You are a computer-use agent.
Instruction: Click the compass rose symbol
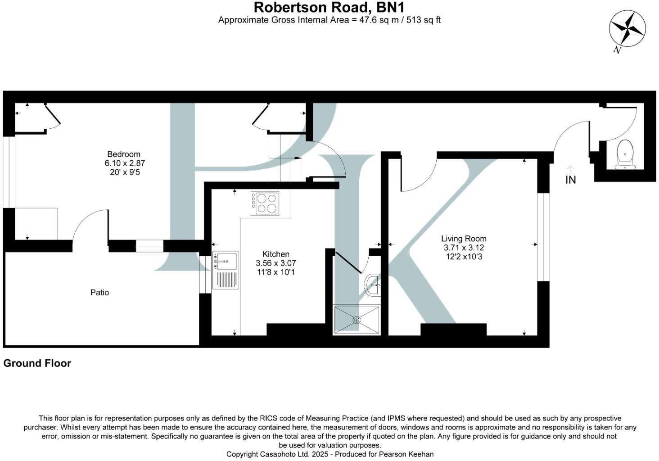point(627,29)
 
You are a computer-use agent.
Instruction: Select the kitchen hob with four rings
point(265,203)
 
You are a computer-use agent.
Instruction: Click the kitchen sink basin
point(226,261)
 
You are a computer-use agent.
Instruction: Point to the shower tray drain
point(357,320)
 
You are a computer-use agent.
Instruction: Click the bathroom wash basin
point(374,285)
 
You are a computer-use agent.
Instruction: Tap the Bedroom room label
point(124,154)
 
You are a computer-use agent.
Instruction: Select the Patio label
point(99,293)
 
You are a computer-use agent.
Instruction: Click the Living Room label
point(464,239)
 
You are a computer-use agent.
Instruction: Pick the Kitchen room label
point(276,254)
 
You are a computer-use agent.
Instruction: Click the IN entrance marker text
point(570,180)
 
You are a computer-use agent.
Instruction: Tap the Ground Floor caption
point(37,363)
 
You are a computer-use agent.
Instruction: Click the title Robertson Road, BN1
point(329,7)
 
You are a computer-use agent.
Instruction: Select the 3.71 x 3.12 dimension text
point(464,248)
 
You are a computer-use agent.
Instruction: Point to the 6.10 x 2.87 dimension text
point(125,163)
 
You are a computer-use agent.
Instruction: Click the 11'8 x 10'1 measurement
point(276,272)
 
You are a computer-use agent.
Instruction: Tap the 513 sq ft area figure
point(424,20)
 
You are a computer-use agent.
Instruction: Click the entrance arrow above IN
point(570,168)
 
